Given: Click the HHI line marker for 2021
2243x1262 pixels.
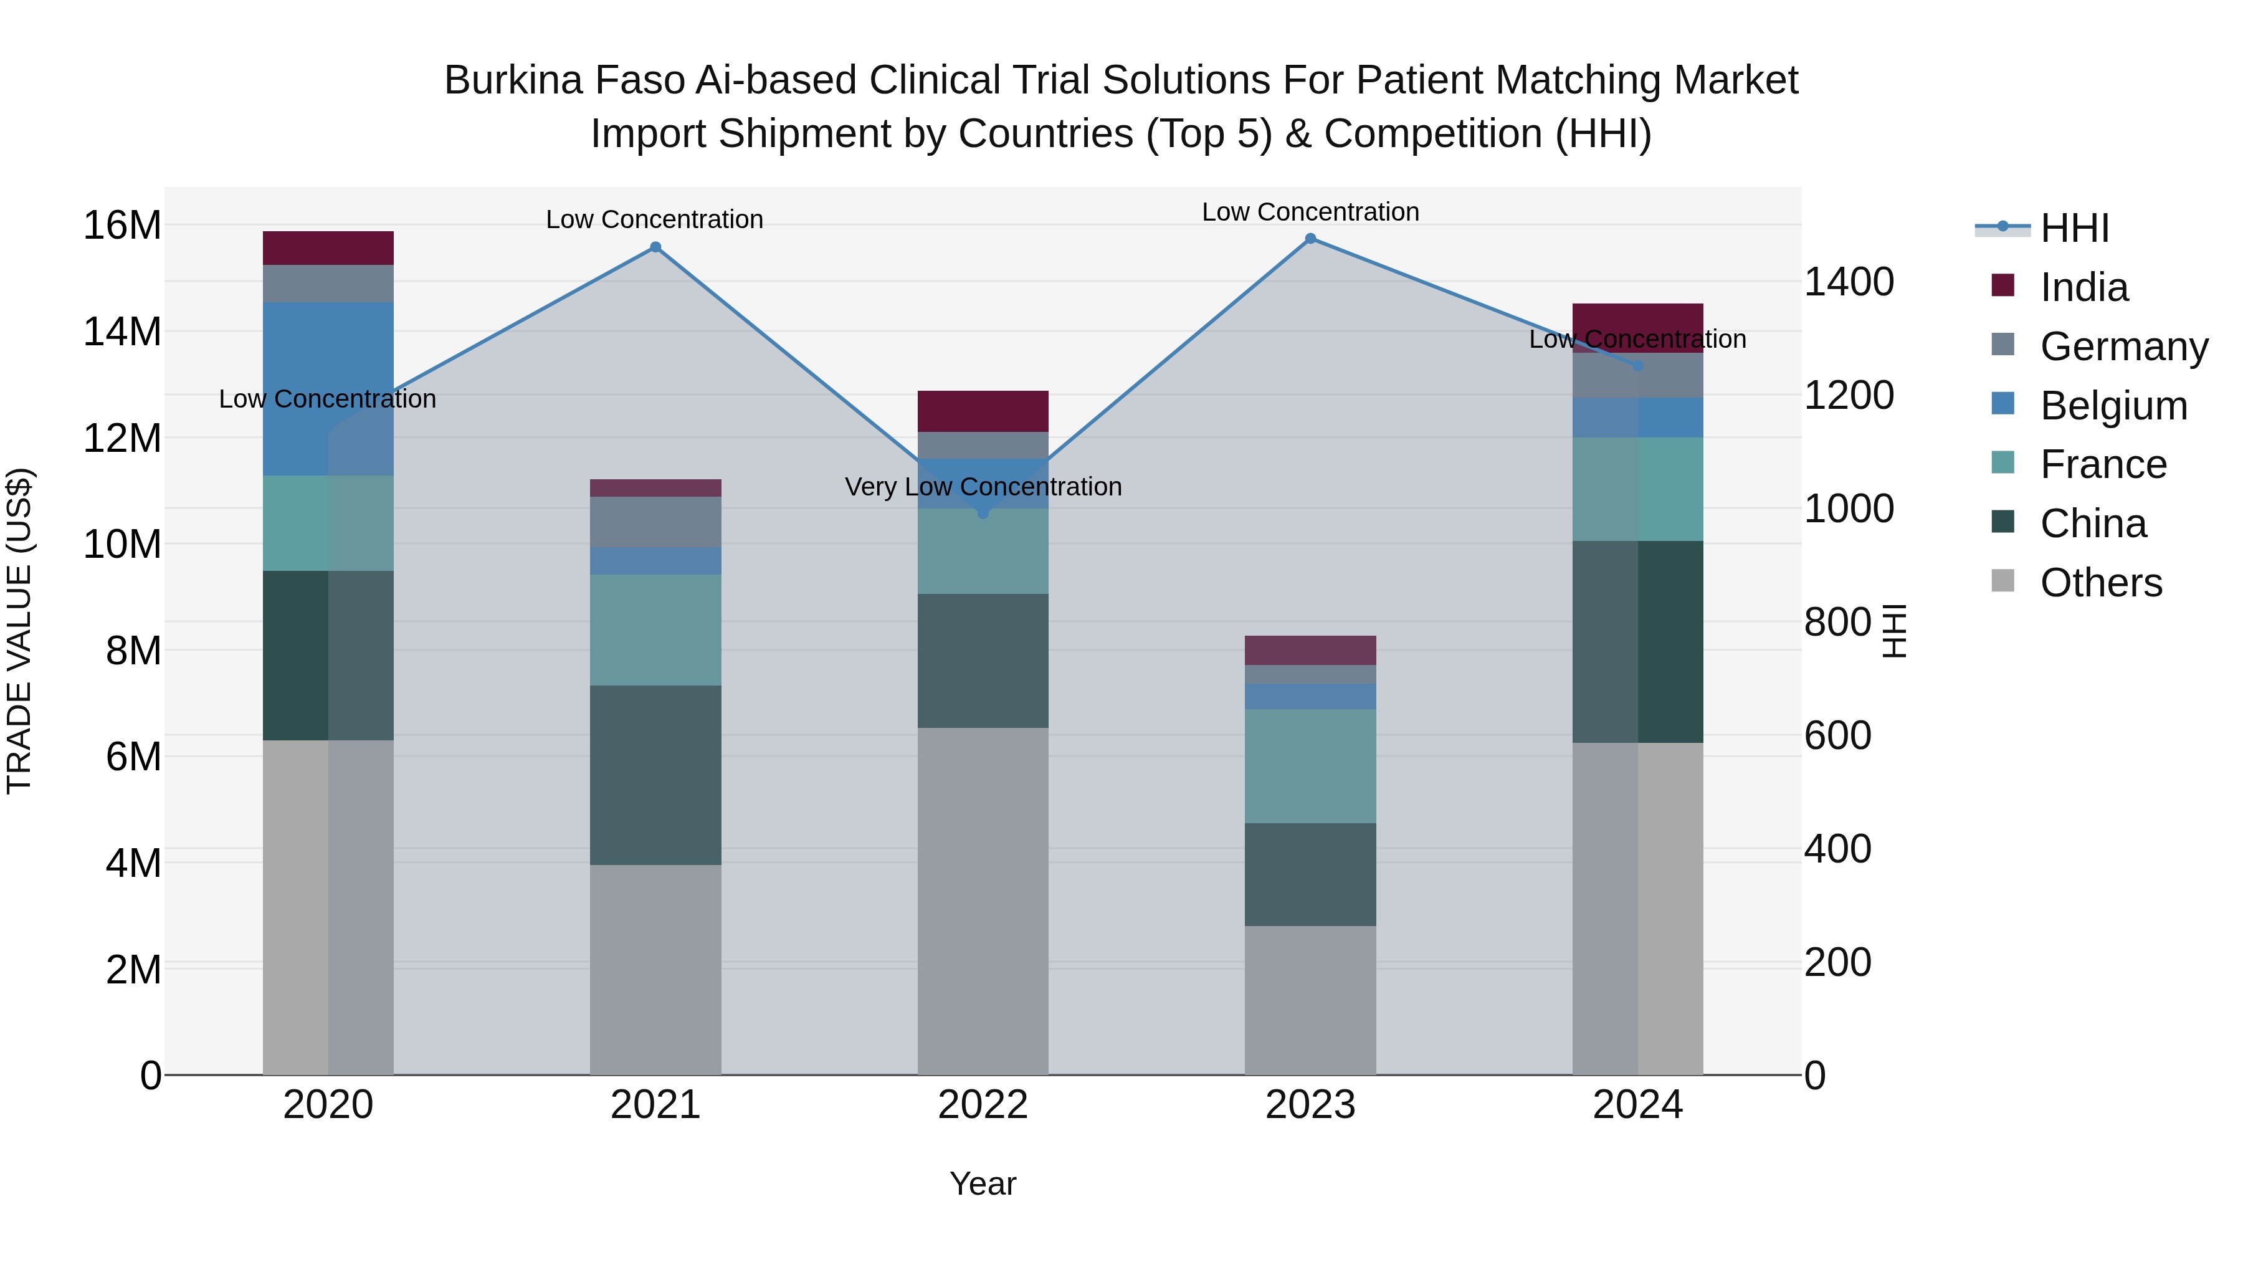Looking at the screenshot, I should click(x=655, y=247).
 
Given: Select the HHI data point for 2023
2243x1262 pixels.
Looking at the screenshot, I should click(x=1310, y=239).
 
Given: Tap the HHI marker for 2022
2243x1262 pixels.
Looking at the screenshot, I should click(x=983, y=513).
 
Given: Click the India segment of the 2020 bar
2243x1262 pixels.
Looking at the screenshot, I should click(x=328, y=248).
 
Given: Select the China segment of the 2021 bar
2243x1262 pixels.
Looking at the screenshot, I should click(x=655, y=775).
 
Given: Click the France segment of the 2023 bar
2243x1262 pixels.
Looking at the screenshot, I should click(x=1310, y=767).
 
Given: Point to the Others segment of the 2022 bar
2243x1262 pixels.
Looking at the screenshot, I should click(x=983, y=901).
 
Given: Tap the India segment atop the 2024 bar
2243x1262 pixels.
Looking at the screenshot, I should click(x=1638, y=318).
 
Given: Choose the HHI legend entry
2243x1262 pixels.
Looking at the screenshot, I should click(x=2074, y=228).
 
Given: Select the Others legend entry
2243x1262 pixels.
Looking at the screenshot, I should click(x=2100, y=583).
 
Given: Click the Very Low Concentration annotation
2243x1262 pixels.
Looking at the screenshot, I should click(x=983, y=487).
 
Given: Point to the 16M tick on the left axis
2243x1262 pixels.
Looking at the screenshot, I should click(x=122, y=226).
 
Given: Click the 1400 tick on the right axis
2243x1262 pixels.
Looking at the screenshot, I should click(x=1849, y=282).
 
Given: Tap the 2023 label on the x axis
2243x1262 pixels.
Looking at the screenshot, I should click(x=1310, y=1105).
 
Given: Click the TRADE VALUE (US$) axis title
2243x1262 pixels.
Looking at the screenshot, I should click(x=19, y=631).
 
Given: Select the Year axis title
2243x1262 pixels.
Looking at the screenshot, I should click(x=983, y=1183).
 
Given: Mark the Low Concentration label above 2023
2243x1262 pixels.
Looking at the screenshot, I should click(x=1310, y=212).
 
